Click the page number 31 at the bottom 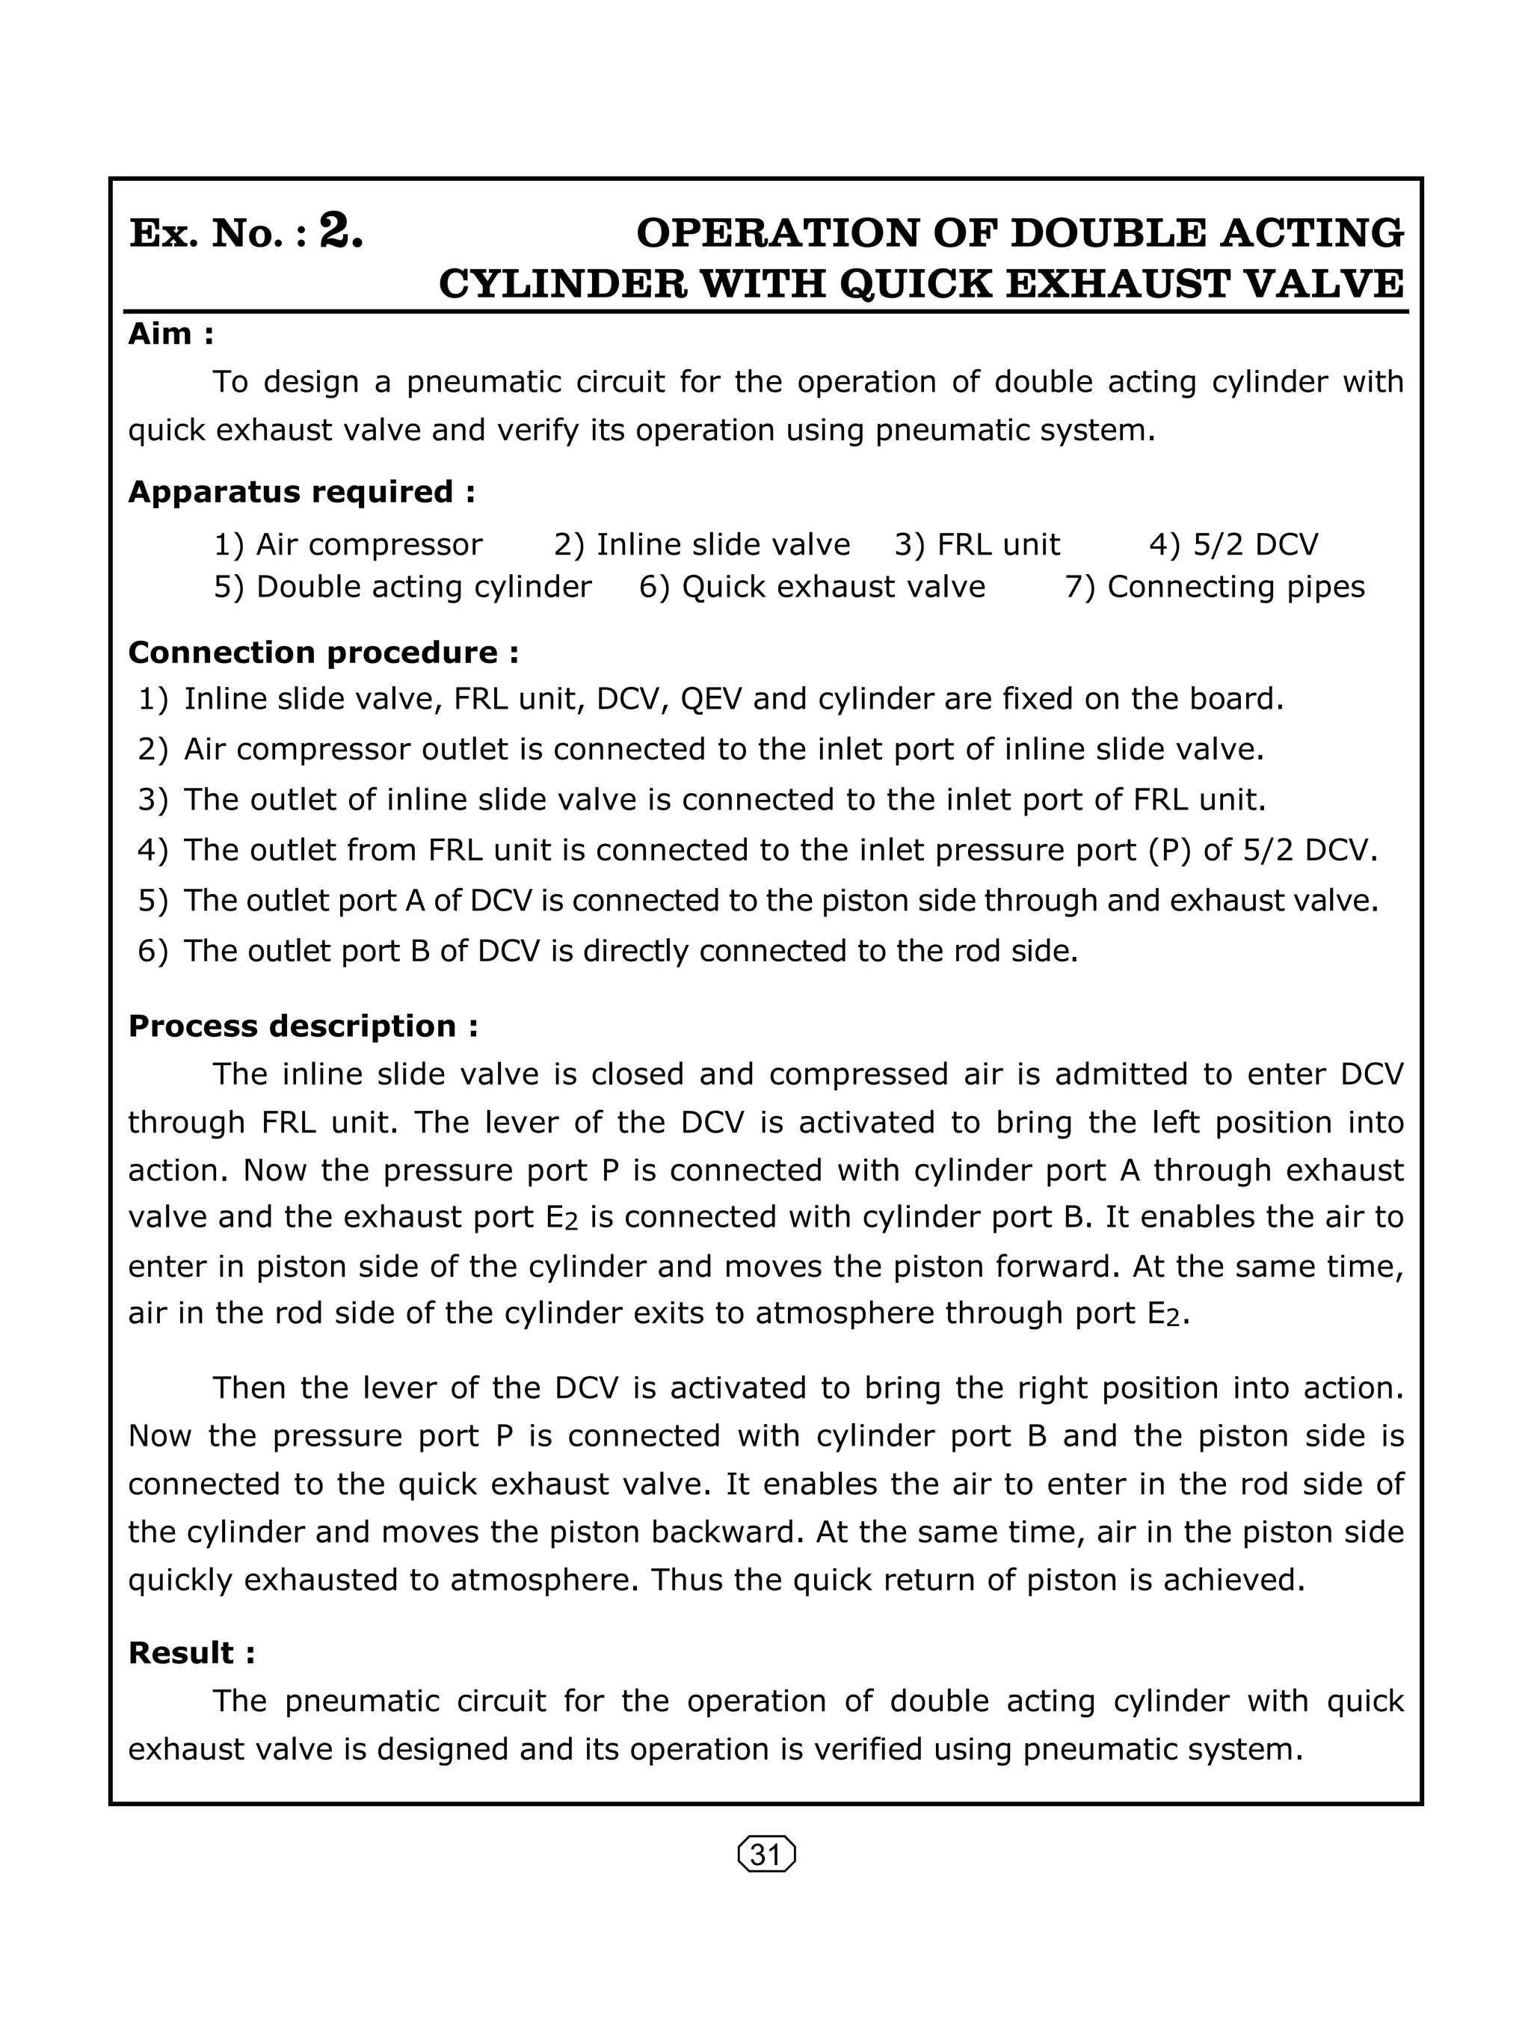pos(766,1855)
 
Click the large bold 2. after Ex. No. pos(341,231)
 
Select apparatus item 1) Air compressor pos(348,545)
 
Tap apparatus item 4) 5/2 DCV pos(1233,545)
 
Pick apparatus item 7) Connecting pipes pos(1214,587)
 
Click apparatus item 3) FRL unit pos(977,545)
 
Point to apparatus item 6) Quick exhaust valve pos(812,587)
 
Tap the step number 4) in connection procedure pos(153,850)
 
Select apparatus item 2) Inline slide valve pos(702,545)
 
